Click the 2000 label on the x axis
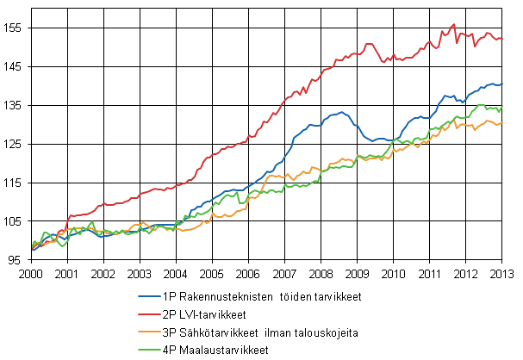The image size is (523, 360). click(x=31, y=273)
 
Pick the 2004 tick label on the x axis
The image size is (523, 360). click(x=176, y=273)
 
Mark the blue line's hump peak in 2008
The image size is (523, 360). click(x=342, y=112)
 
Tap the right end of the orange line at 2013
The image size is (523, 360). click(x=501, y=123)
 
